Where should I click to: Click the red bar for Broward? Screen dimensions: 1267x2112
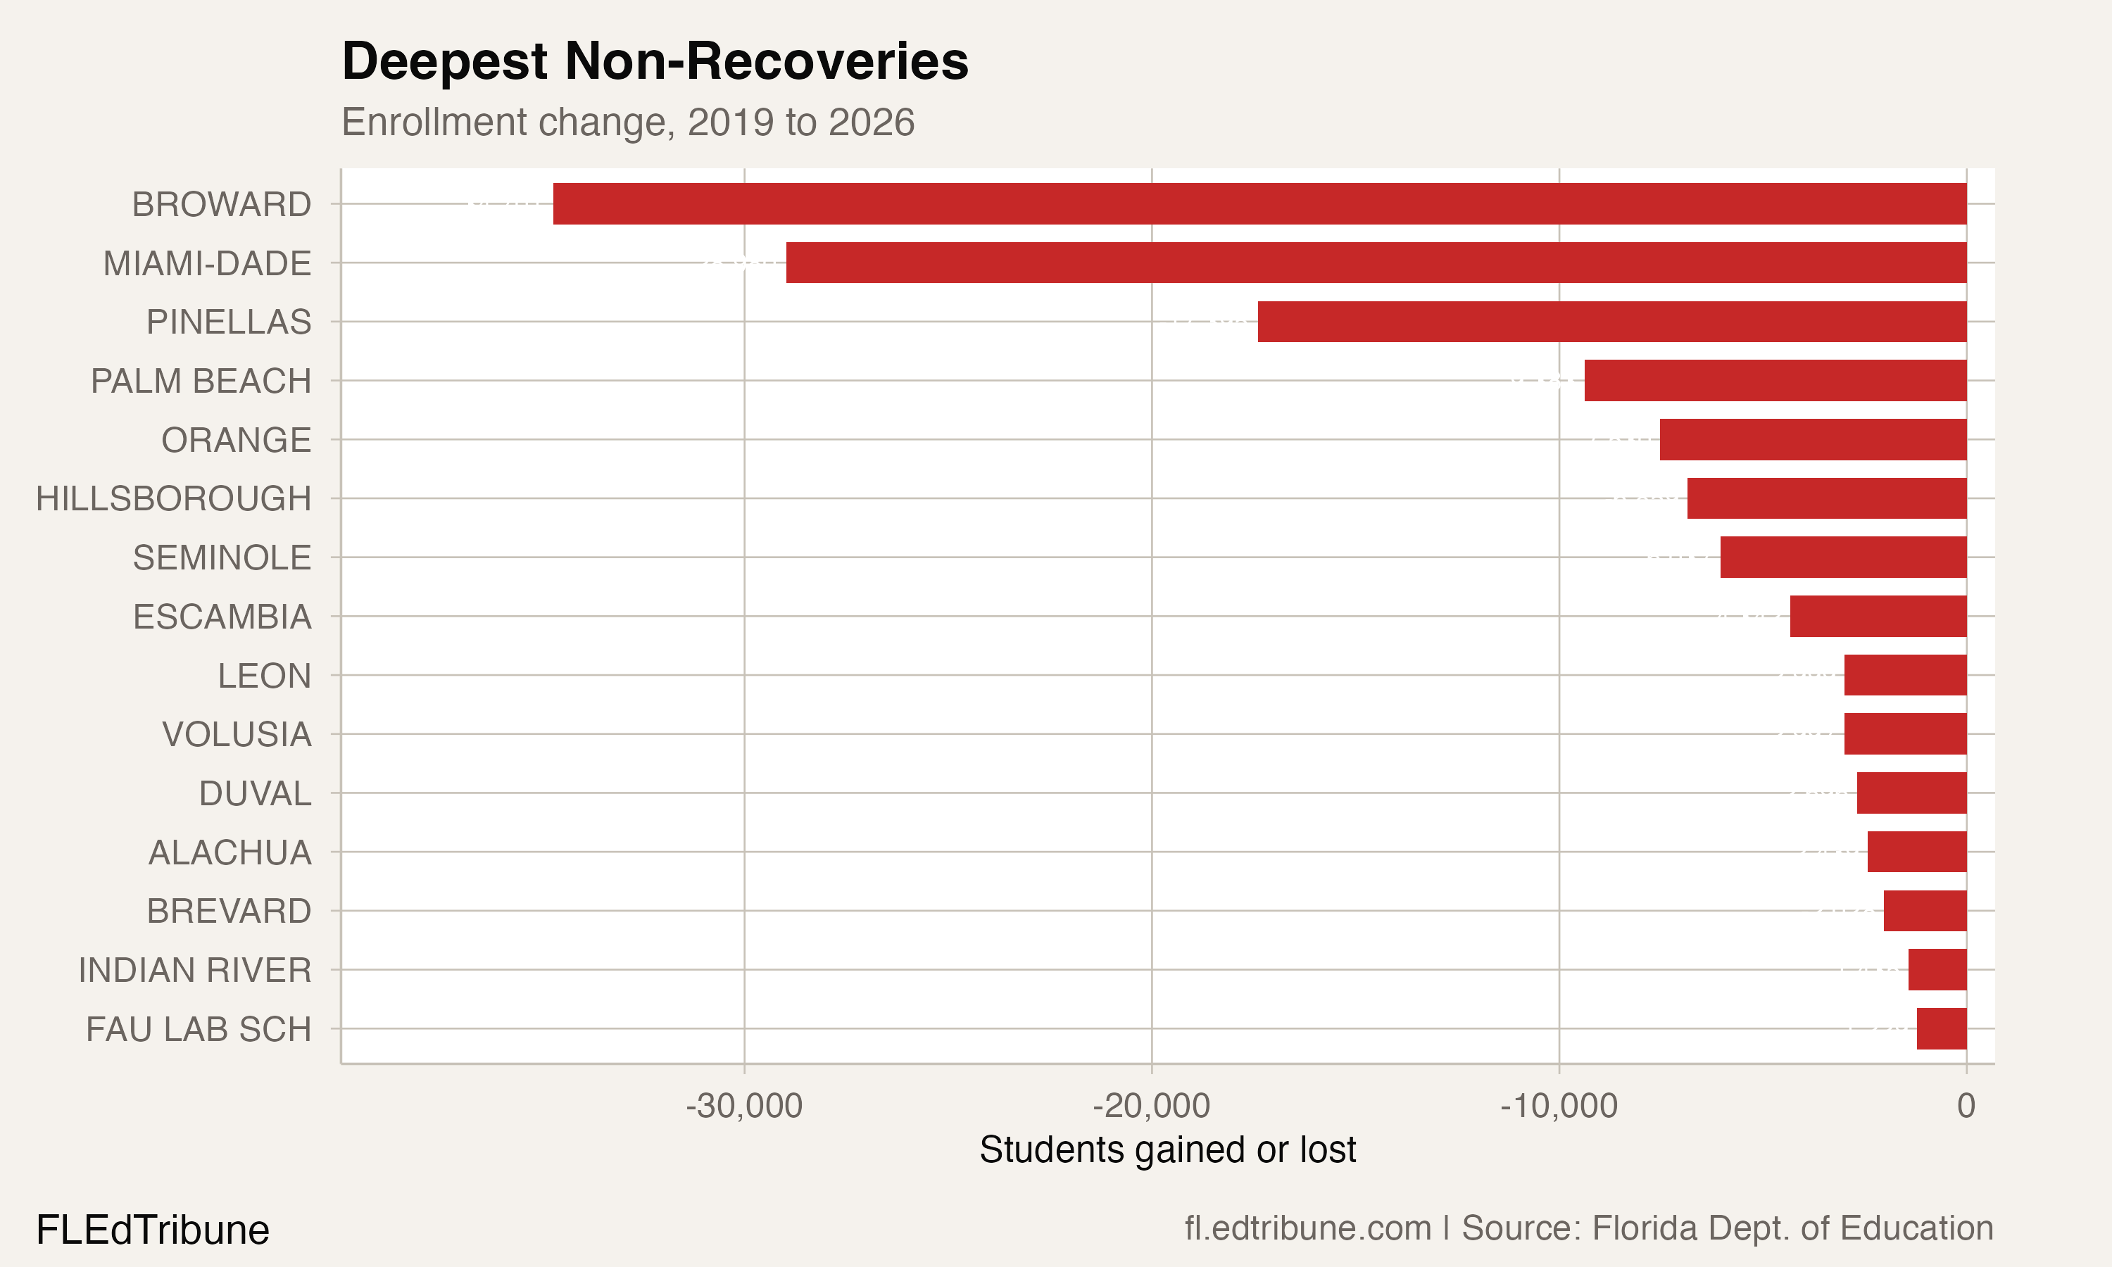[x=1259, y=203]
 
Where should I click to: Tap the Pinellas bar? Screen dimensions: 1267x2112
[x=1611, y=322]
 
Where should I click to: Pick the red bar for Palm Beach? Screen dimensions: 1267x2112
[x=1775, y=381]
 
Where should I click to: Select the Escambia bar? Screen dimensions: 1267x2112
[x=1878, y=617]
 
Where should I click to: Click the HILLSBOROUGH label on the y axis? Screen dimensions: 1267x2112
[x=173, y=498]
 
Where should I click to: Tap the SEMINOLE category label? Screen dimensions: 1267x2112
[x=222, y=557]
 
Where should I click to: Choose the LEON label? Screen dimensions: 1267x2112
[x=264, y=675]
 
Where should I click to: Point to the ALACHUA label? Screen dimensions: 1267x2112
[x=230, y=852]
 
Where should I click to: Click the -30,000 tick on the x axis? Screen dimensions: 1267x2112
[x=743, y=1106]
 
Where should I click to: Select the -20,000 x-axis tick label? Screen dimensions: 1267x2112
[x=1151, y=1106]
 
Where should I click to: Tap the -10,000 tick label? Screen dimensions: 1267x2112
[x=1558, y=1106]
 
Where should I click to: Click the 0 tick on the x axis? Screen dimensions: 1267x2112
[x=1966, y=1106]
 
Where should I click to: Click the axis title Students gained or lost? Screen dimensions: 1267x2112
[x=1167, y=1150]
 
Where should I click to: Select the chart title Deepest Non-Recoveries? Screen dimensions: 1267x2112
[x=655, y=61]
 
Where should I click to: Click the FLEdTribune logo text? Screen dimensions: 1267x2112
[x=153, y=1230]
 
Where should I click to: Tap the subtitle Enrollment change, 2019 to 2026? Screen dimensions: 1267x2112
[x=627, y=122]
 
